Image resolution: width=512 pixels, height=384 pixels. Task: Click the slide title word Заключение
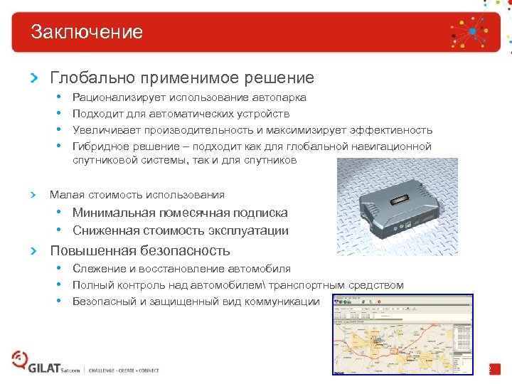click(87, 32)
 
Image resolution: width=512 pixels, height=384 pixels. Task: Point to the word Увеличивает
click(106, 130)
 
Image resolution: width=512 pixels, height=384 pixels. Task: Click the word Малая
click(65, 194)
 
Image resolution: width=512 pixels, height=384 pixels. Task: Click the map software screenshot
click(402, 334)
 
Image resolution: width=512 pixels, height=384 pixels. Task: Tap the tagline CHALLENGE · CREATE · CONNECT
click(124, 370)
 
